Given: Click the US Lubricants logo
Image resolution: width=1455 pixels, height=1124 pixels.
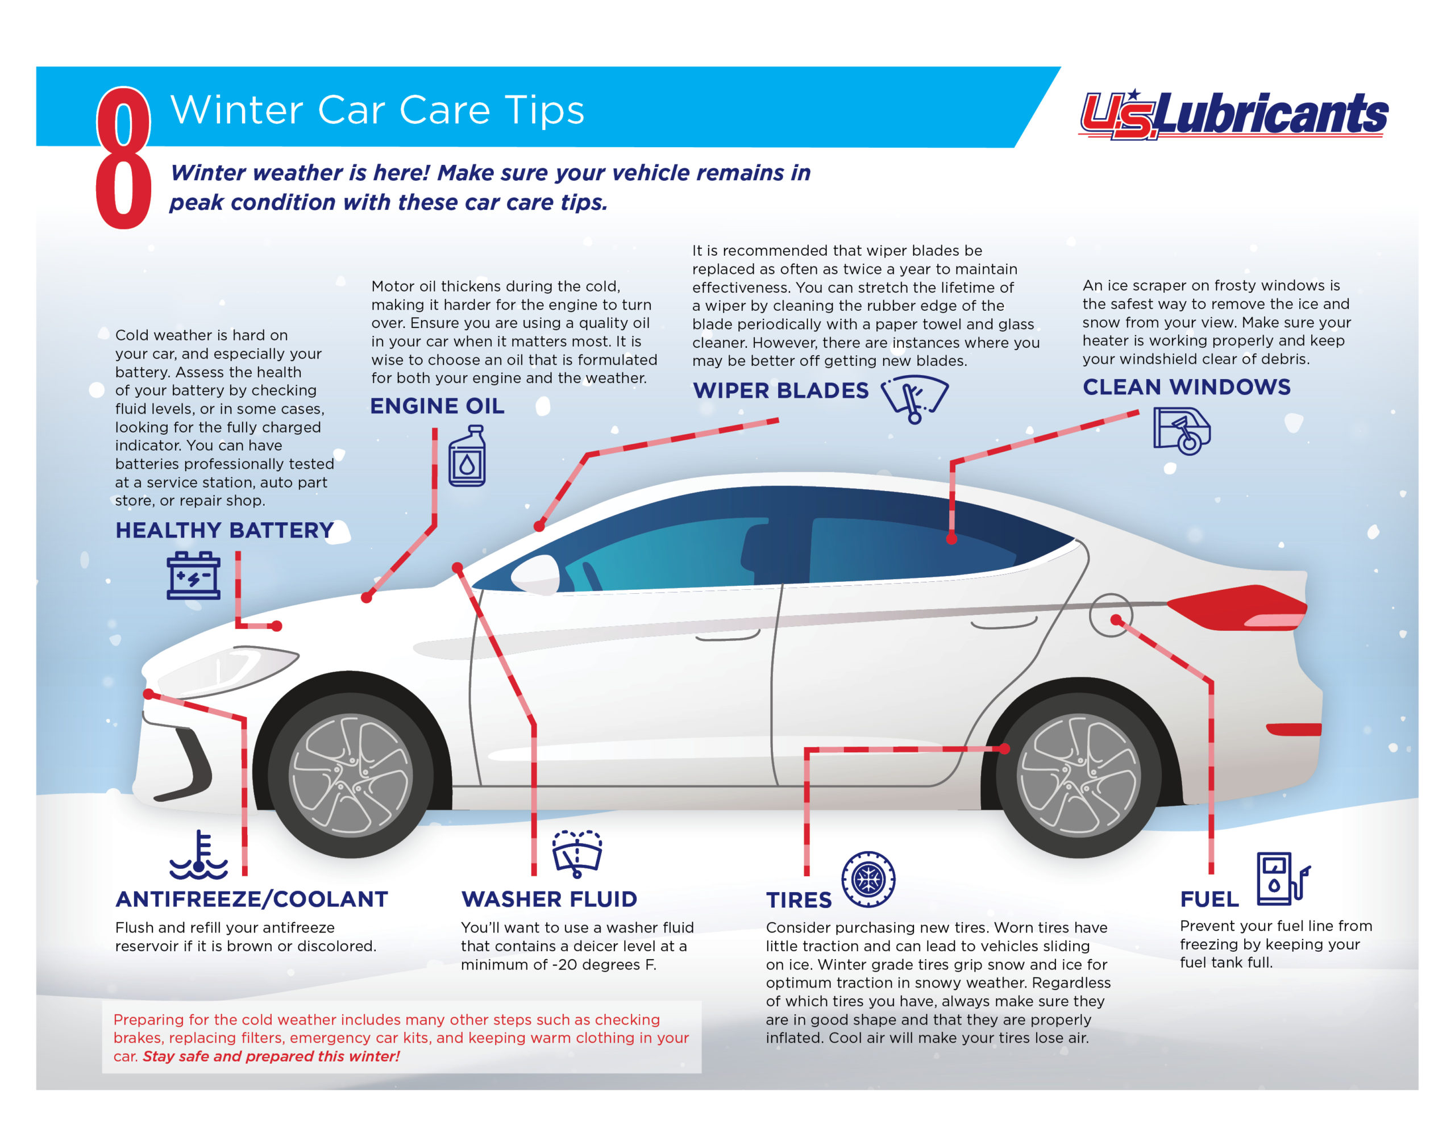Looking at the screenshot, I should [x=1232, y=115].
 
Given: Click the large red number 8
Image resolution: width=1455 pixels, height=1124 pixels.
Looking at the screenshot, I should [x=123, y=159].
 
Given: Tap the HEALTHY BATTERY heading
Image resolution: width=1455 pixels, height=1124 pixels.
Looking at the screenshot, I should [x=225, y=530].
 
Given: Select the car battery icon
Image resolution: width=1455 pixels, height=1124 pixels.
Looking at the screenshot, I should [x=193, y=576].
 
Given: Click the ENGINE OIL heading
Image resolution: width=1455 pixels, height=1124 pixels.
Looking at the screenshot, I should [x=437, y=406].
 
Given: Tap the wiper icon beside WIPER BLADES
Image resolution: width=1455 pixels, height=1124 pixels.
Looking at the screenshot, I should [x=914, y=399].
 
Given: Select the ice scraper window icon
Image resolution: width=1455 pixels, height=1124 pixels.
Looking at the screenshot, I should [x=1182, y=431].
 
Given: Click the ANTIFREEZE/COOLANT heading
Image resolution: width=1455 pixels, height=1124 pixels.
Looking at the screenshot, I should [x=252, y=900].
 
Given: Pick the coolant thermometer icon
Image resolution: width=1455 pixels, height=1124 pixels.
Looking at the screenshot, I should [x=198, y=855].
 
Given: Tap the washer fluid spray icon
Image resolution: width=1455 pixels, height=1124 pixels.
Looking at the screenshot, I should [x=577, y=854].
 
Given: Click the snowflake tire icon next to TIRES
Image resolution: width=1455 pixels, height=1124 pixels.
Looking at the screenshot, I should [x=868, y=880].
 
